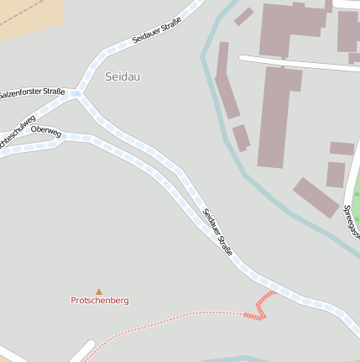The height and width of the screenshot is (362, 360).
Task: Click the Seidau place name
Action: [x=123, y=76]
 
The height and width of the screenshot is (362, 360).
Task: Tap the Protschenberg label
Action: [x=100, y=300]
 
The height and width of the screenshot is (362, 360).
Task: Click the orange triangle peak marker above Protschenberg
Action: [x=99, y=291]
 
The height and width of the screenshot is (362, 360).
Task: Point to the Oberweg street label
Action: [x=45, y=130]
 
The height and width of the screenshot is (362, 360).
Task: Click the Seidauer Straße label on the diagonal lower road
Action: [x=217, y=232]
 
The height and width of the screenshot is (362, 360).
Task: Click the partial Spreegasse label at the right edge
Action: [x=351, y=221]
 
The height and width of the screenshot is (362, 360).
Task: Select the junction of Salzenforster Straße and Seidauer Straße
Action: [x=78, y=93]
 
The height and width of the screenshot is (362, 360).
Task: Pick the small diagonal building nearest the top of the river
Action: [x=244, y=17]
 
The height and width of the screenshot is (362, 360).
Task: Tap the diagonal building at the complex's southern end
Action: [x=316, y=197]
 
